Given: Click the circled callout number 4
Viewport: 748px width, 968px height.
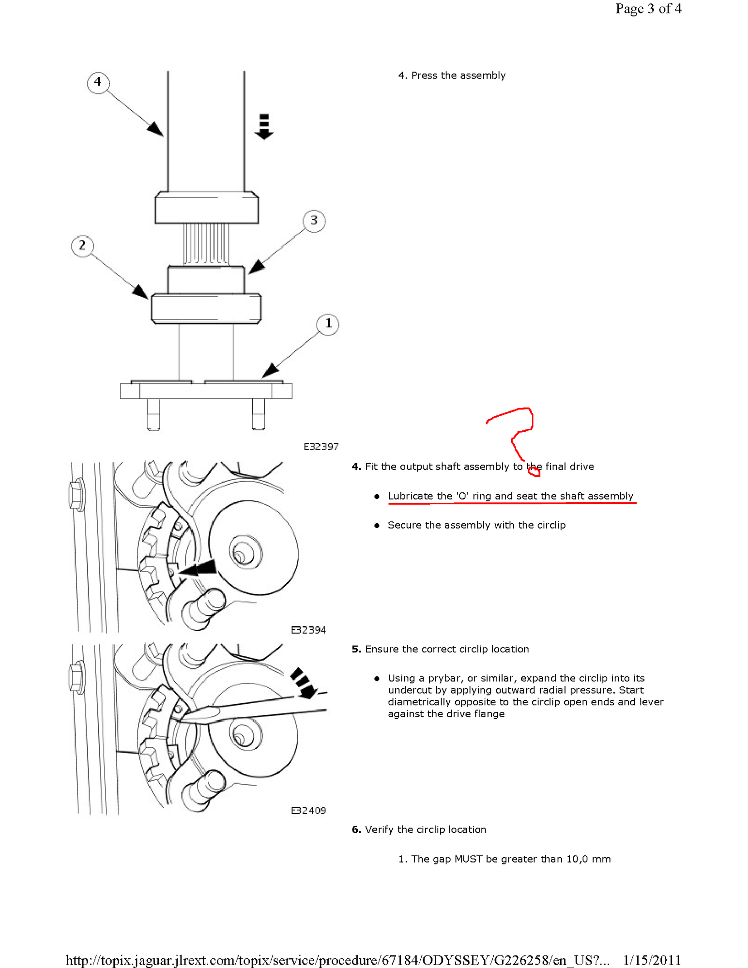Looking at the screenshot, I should click(x=98, y=82).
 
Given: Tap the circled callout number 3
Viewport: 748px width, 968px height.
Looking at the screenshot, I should click(x=314, y=221).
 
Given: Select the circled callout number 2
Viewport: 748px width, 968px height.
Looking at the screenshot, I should click(x=82, y=246).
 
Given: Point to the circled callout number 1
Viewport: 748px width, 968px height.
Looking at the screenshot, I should click(x=328, y=323).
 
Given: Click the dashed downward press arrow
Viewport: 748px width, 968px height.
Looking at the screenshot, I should click(x=264, y=127).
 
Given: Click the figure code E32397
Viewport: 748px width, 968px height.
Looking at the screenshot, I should click(x=321, y=447).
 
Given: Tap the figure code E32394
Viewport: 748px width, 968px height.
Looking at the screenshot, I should click(x=308, y=630).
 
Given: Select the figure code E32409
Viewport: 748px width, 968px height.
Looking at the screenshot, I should click(x=308, y=811).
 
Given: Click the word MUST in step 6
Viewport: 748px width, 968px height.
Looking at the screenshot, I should click(x=468, y=859).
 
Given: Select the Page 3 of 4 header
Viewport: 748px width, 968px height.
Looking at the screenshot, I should click(x=648, y=9).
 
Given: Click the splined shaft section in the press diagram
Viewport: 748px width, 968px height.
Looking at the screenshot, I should click(x=206, y=243).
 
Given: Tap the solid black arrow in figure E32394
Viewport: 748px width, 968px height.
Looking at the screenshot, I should click(x=198, y=568).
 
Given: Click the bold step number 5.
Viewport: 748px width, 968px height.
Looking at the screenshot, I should click(x=356, y=649).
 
